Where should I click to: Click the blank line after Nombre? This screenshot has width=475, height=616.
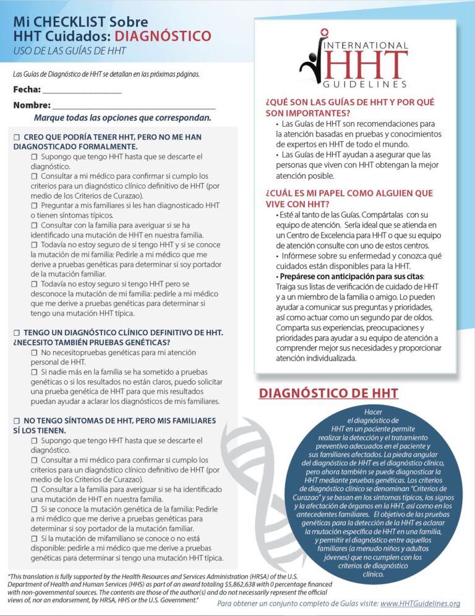[x=134, y=106]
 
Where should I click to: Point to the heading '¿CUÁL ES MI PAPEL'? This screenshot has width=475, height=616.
[x=349, y=198]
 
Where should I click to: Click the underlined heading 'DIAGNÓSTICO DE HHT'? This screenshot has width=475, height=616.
[x=328, y=393]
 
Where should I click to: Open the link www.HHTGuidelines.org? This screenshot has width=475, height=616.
[x=420, y=603]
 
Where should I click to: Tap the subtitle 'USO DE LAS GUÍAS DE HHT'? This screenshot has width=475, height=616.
[x=69, y=51]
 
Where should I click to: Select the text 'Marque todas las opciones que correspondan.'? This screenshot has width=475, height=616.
[x=122, y=118]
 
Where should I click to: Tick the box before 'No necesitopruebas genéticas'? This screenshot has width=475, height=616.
[x=35, y=353]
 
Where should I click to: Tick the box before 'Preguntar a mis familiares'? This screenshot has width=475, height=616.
[x=35, y=205]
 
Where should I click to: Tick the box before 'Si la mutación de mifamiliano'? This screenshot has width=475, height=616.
[x=35, y=539]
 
